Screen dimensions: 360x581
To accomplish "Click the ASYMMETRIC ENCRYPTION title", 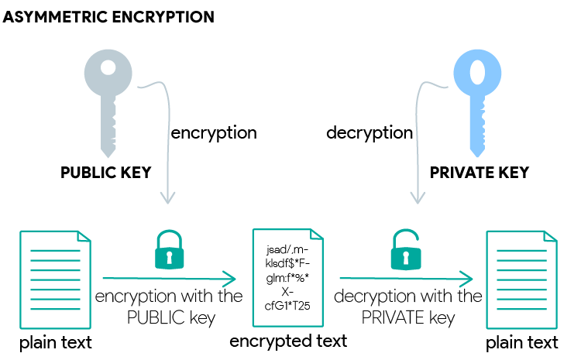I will [109, 16].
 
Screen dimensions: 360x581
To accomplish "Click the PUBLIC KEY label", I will [106, 172].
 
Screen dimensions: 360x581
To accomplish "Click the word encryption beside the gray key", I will [213, 132].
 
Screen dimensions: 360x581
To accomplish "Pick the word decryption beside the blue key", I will [370, 132].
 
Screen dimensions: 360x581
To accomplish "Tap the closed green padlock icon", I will [168, 250].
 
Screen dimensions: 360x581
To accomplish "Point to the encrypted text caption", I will [288, 341].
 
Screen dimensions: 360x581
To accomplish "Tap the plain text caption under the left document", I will [55, 342].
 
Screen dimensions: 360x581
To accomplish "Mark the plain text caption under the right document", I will [521, 342].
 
